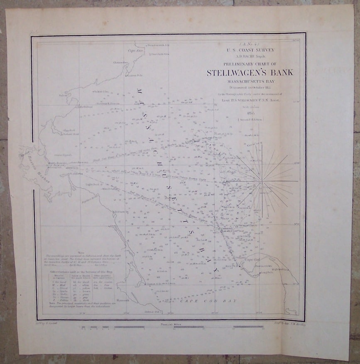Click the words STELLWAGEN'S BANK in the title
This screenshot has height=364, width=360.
[250, 73]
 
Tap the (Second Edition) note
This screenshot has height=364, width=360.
[250, 119]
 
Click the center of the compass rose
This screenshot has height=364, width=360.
[261, 181]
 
